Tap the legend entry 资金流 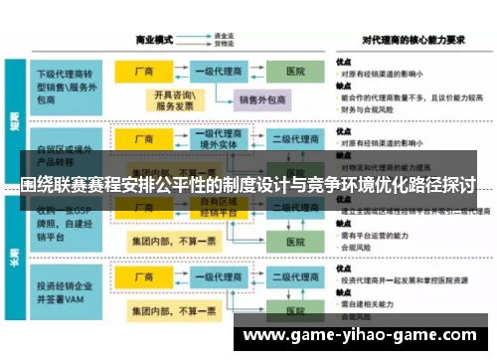pos(223,36)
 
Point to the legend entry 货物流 pos(223,45)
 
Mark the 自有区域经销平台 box pos(220,207)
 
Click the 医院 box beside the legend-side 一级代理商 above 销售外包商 pos(295,72)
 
